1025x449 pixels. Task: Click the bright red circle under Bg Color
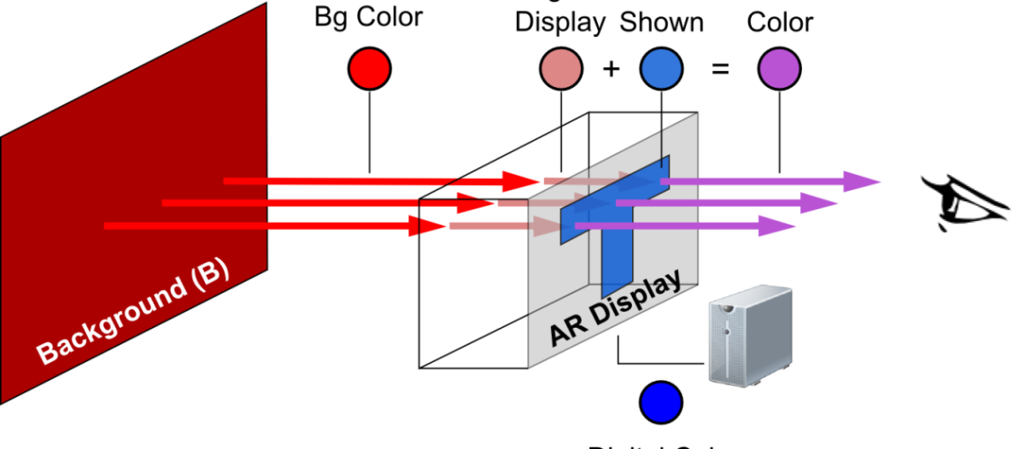pos(370,69)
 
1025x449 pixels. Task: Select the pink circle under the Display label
pos(560,69)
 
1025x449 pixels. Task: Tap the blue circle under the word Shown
pos(663,69)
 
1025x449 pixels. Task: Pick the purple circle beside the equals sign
pos(780,69)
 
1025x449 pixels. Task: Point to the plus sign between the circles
pos(611,68)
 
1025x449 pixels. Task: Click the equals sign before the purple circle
pos(720,68)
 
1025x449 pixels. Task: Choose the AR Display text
pos(615,310)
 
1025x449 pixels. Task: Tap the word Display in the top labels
pos(560,22)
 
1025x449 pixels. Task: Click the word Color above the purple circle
pos(780,22)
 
